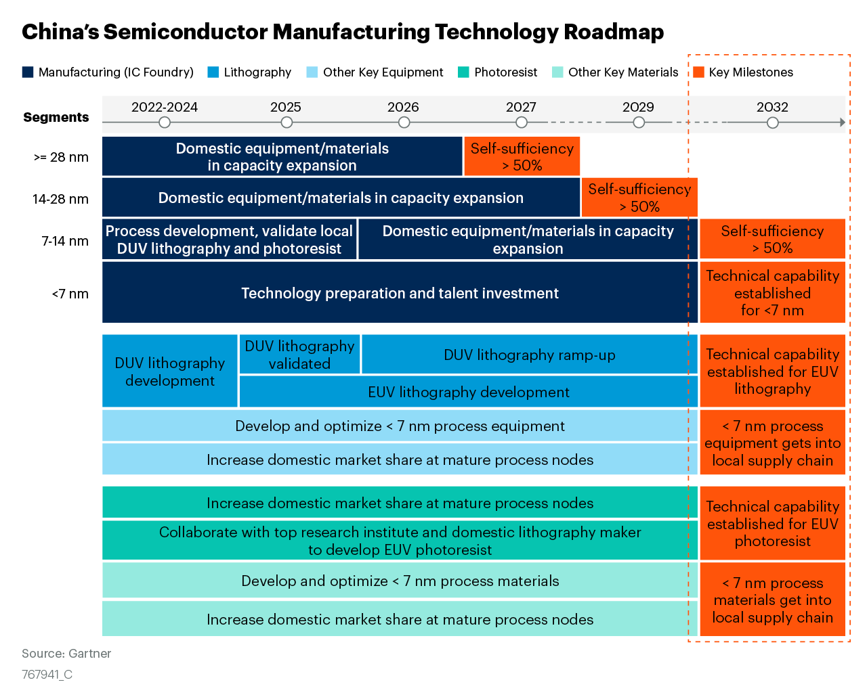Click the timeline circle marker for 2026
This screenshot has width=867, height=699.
point(404,122)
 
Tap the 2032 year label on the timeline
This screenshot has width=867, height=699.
point(772,107)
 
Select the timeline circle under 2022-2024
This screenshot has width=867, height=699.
point(164,122)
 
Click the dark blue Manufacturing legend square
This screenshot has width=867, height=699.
point(28,72)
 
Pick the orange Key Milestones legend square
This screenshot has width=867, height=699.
point(698,72)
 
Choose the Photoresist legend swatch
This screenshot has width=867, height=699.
point(463,72)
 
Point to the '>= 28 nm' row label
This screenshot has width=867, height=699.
point(61,157)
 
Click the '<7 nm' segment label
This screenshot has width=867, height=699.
point(70,294)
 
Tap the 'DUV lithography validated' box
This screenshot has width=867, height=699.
point(299,355)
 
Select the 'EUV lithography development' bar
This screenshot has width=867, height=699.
point(468,392)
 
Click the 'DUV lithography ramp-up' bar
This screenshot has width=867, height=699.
point(529,355)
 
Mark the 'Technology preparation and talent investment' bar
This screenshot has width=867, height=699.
point(400,293)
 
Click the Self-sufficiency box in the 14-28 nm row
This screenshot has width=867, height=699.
point(639,198)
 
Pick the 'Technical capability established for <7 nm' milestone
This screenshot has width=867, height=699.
point(772,293)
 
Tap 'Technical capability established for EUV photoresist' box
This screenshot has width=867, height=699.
point(772,524)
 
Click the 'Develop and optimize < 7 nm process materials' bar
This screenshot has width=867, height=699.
point(400,581)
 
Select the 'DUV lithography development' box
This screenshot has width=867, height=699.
point(169,371)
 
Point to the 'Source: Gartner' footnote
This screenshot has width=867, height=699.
point(66,654)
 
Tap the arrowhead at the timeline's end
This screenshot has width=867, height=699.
point(842,122)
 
